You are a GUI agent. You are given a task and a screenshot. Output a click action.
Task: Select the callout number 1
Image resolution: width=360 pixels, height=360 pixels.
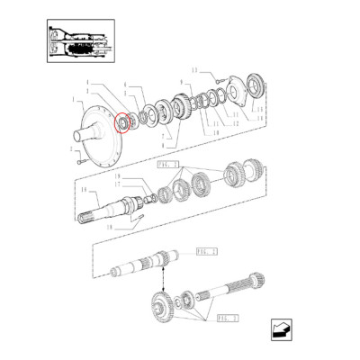tap(73, 101)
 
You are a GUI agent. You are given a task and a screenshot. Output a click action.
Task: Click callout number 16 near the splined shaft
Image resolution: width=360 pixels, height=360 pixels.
tap(83, 192)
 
